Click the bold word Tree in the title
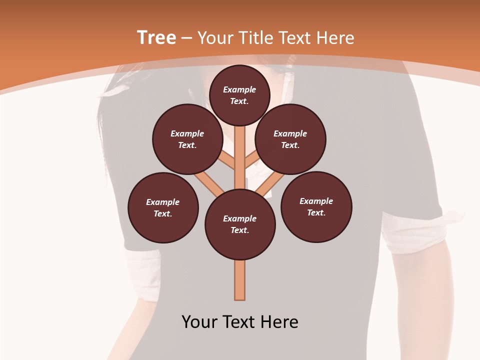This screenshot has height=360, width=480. click(156, 37)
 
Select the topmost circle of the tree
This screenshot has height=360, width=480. click(239, 95)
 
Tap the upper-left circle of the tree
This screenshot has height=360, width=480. click(187, 139)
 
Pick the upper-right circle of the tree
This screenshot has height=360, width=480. click(290, 139)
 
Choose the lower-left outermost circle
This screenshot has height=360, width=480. click(163, 207)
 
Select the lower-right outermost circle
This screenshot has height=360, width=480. click(316, 206)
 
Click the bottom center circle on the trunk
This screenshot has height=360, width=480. click(240, 224)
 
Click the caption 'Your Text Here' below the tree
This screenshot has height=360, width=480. click(240, 322)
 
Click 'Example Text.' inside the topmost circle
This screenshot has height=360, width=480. click(239, 95)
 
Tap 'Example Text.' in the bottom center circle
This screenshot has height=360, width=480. click(240, 224)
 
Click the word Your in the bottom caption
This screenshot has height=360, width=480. click(199, 322)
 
